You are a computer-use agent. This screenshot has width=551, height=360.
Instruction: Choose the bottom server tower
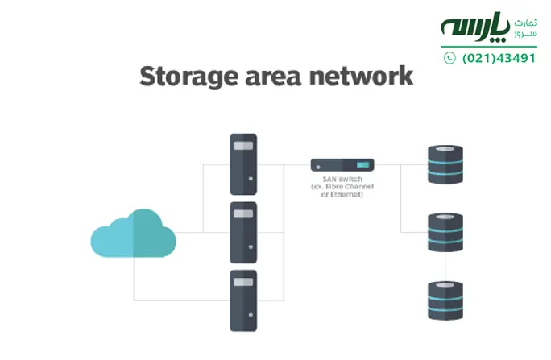pyautogui.click(x=243, y=300)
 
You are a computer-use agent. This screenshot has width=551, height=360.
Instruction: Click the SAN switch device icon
pyautogui.click(x=342, y=164)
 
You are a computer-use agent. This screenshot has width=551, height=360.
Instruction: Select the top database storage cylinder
pyautogui.click(x=446, y=164)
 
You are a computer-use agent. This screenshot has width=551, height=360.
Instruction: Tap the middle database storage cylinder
pyautogui.click(x=446, y=232)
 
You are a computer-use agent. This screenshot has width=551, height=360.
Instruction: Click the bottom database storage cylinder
pyautogui.click(x=446, y=300)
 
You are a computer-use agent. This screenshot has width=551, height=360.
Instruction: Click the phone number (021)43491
pyautogui.click(x=499, y=58)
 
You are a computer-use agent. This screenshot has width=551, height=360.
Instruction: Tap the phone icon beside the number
pyautogui.click(x=449, y=58)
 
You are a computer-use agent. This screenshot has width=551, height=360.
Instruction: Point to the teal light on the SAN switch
pyautogui.click(x=360, y=164)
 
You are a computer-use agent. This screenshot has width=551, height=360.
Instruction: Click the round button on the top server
pyautogui.click(x=251, y=176)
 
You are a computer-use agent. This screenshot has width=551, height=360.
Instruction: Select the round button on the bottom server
pyautogui.click(x=251, y=313)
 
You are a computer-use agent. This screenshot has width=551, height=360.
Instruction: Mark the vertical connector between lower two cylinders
pyautogui.click(x=446, y=266)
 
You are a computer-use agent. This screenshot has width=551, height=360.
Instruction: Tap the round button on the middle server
pyautogui.click(x=251, y=245)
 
